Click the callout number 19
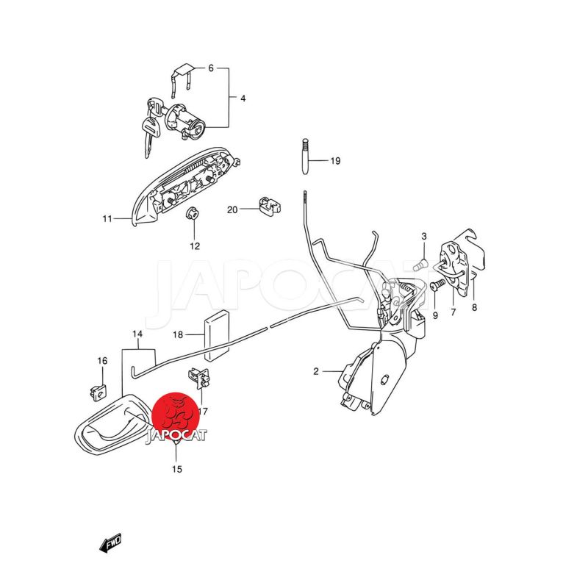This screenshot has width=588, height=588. point(335,161)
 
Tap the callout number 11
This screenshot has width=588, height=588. point(107,219)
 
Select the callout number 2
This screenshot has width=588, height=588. point(316,371)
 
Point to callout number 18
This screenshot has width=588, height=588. point(178,335)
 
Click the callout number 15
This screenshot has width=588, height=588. point(177,469)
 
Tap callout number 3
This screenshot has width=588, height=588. point(424,236)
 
